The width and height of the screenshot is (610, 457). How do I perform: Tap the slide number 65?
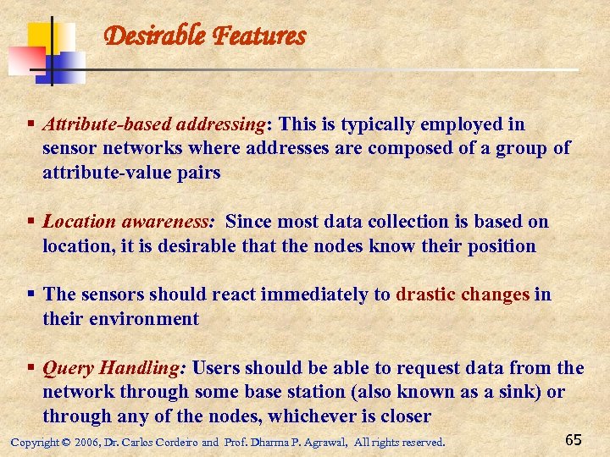pos(573,439)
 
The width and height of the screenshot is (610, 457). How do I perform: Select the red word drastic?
pos(425,295)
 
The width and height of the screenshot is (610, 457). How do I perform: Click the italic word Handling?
pos(141,368)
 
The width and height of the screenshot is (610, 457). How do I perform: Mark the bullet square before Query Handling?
pos(30,368)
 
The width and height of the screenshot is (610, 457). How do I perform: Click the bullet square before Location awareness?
pos(30,222)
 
